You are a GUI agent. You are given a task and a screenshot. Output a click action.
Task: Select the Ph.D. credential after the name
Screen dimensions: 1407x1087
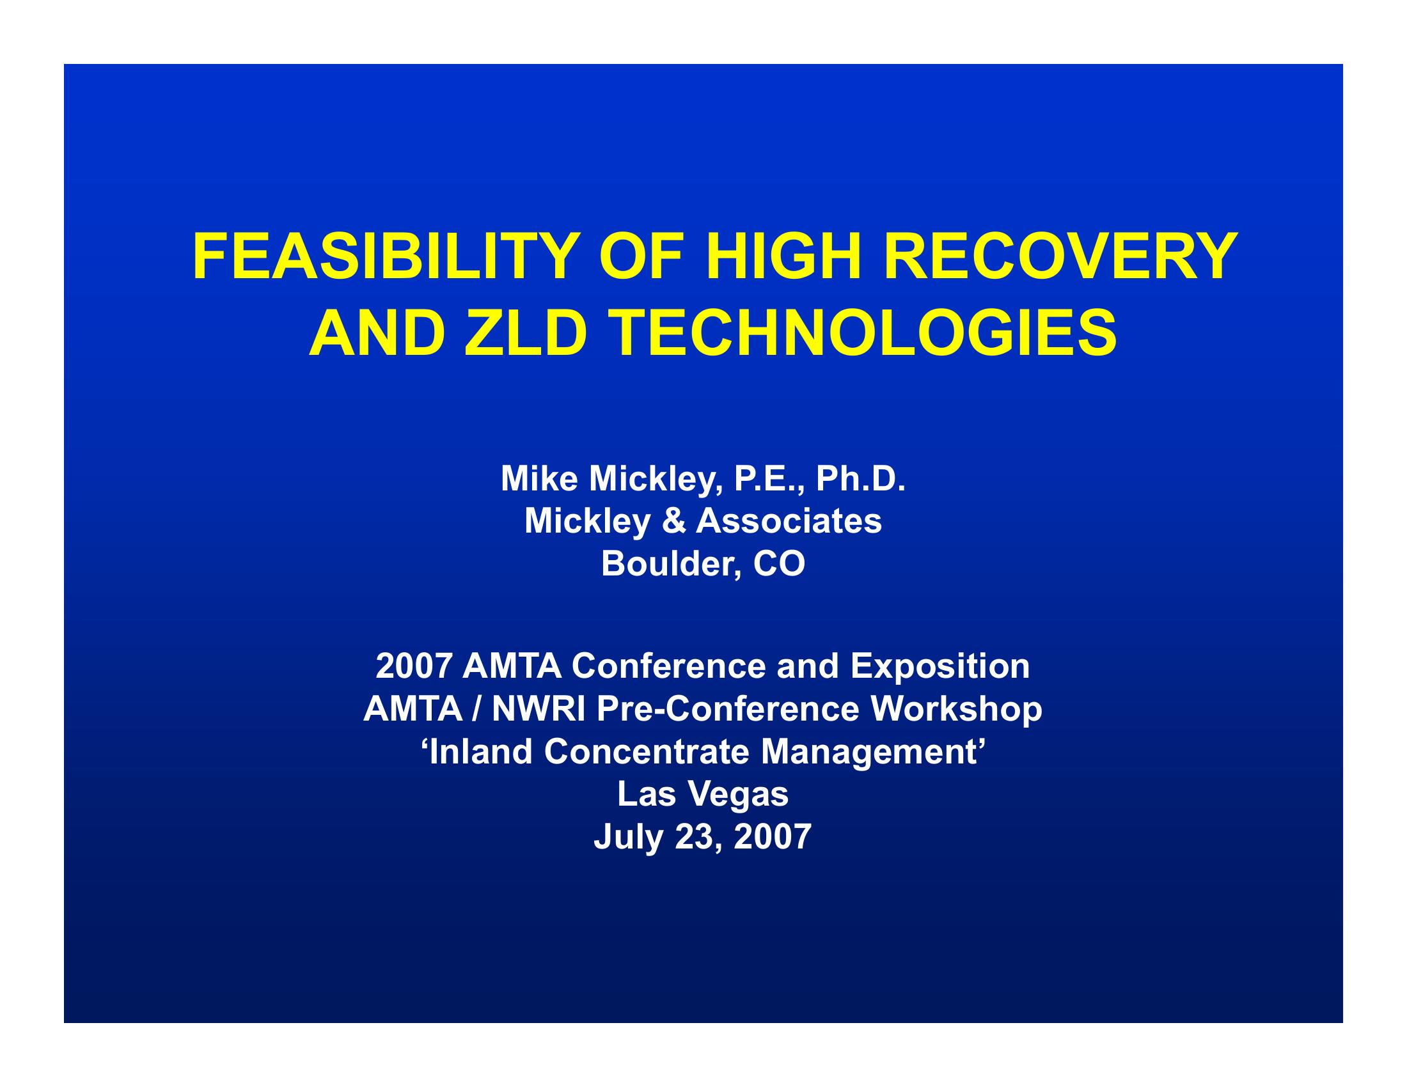click(x=861, y=479)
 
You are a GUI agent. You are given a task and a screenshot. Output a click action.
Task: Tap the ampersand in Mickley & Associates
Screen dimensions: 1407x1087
click(x=673, y=521)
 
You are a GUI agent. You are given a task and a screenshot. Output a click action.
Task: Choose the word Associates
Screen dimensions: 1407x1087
click(x=789, y=521)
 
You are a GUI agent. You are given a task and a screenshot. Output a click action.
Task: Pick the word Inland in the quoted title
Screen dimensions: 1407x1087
click(x=480, y=752)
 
